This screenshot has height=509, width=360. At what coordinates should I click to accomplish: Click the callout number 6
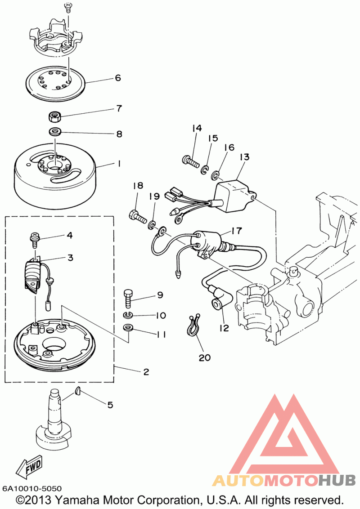click(x=117, y=78)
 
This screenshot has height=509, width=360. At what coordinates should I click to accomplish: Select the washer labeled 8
click(x=55, y=132)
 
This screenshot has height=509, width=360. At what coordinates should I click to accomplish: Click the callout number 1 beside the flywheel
click(x=119, y=164)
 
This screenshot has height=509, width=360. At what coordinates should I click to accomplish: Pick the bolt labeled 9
click(x=128, y=299)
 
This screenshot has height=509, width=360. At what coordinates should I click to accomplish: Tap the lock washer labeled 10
click(x=129, y=315)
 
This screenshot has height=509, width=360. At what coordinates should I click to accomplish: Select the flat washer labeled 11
click(x=129, y=327)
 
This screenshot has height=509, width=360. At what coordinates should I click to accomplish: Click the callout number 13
click(x=244, y=157)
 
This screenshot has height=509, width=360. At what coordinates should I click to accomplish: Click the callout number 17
click(x=237, y=231)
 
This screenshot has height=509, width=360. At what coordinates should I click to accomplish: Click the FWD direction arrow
click(x=29, y=467)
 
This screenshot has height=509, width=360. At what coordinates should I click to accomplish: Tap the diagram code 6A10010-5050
click(x=32, y=488)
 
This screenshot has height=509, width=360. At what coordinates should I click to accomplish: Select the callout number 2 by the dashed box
click(x=146, y=372)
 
